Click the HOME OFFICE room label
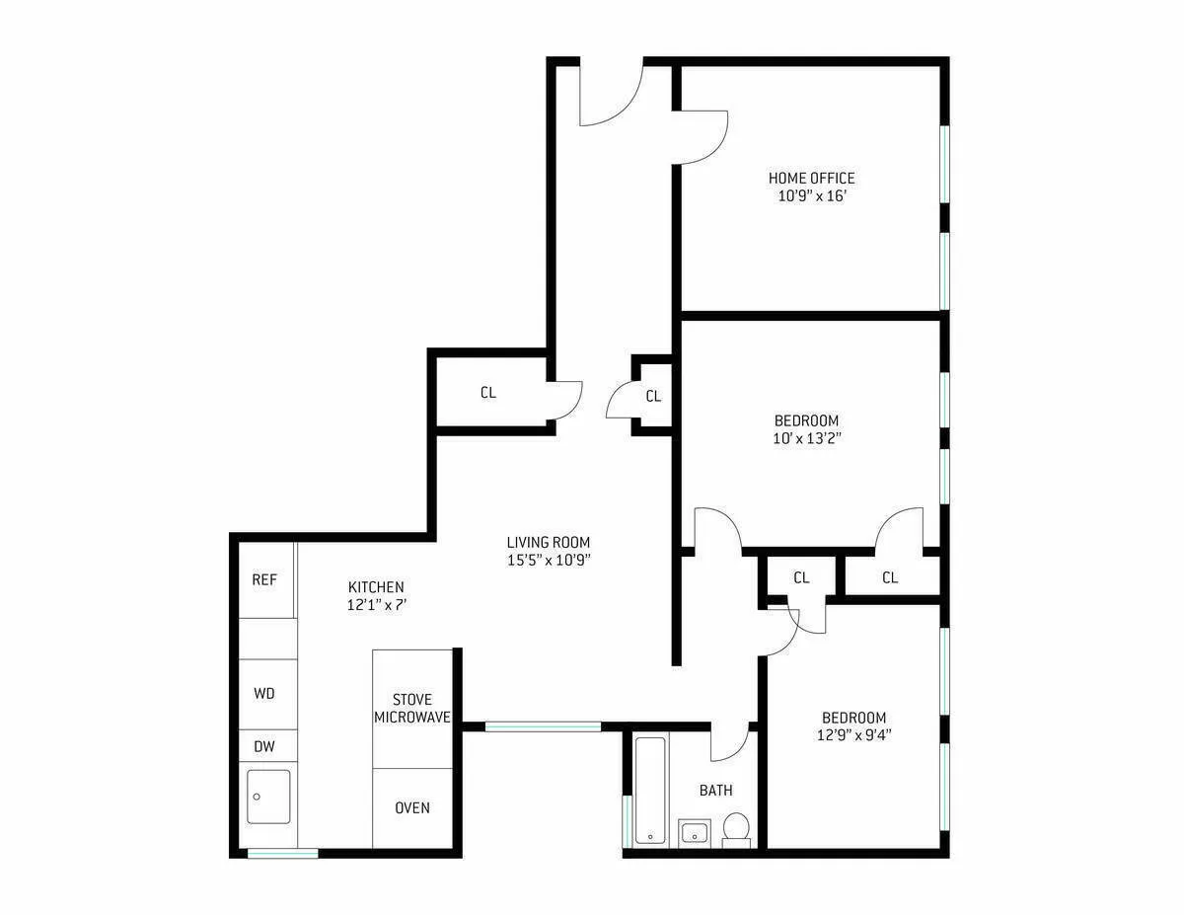[x=811, y=179]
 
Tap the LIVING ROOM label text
[x=548, y=542]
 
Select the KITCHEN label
[x=376, y=586]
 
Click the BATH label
[x=715, y=791]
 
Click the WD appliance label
[x=264, y=693]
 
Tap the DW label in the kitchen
[x=264, y=746]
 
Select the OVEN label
[x=412, y=807]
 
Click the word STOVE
[x=411, y=700]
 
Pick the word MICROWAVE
[x=412, y=718]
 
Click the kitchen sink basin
[x=268, y=796]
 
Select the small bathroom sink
[x=695, y=832]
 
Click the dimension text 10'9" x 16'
[x=812, y=195]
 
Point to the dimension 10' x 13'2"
[x=806, y=437]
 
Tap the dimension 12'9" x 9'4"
[x=853, y=734]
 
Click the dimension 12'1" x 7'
[x=376, y=604]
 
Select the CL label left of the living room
[x=488, y=392]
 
